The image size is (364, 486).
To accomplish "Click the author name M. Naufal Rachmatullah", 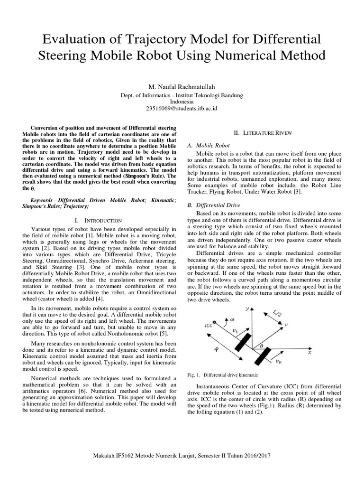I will [182, 87].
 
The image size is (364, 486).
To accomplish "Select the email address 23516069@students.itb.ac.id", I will [182, 109].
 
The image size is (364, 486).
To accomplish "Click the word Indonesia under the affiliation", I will [182, 102].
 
